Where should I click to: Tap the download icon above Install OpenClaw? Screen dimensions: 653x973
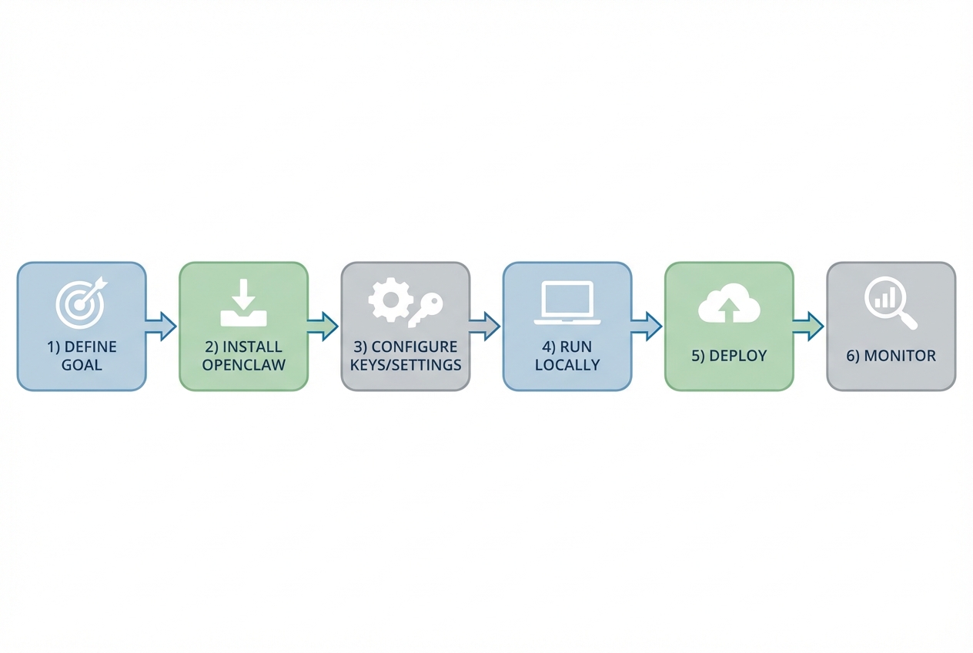pos(243,303)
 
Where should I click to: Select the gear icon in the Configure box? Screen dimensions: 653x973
pos(389,300)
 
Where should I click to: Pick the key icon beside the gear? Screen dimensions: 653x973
pos(425,310)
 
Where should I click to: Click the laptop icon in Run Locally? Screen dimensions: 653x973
pos(567,303)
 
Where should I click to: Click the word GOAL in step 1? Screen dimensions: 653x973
pos(82,365)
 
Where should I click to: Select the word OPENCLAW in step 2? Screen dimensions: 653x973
pos(243,365)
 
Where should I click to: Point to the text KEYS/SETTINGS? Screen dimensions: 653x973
pos(406,365)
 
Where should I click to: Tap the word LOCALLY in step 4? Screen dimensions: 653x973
pos(567,365)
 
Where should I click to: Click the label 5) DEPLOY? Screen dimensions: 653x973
pos(729,357)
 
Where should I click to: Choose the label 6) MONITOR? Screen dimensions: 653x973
pos(891,357)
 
